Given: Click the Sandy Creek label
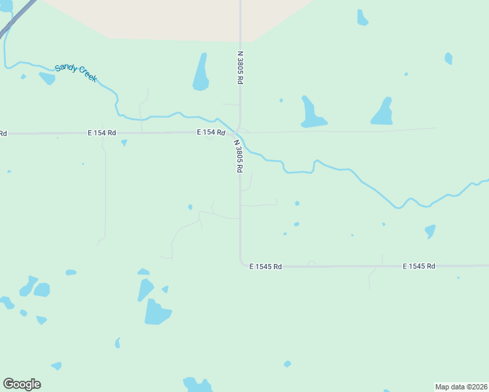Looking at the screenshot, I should tap(76, 72).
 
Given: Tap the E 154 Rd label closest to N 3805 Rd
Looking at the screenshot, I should tap(211, 133).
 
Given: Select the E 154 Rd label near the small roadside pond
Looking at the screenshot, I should tap(101, 133).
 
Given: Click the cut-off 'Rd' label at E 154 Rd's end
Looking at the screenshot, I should tap(3, 134).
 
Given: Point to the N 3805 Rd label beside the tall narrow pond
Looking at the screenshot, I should tap(241, 67).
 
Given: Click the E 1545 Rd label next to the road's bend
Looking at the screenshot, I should tap(265, 267).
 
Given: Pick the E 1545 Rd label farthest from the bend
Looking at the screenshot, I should tap(419, 267).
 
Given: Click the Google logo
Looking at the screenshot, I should tap(22, 384).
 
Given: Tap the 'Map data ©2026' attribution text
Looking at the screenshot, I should tap(461, 387).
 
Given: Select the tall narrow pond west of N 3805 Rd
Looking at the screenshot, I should tap(201, 73).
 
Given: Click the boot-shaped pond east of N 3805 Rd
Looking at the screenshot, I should tap(311, 112).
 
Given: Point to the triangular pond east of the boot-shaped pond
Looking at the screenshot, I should tap(383, 112).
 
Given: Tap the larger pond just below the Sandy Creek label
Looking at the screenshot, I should tap(47, 78).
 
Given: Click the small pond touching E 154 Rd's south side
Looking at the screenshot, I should tap(124, 142).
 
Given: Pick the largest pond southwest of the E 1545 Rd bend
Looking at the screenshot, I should tap(156, 312).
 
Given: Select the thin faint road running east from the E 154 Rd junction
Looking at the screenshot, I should tap(340, 131).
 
